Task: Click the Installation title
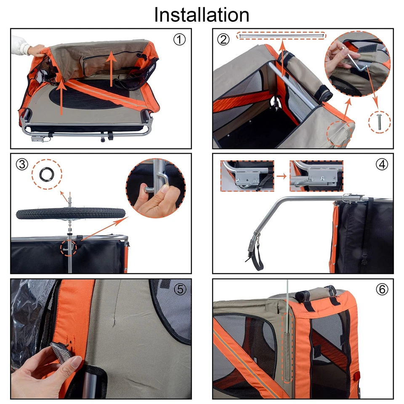click(202, 14)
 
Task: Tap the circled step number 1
click(179, 40)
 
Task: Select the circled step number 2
click(224, 40)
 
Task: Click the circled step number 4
click(382, 165)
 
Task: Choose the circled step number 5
click(180, 290)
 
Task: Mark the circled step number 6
click(382, 290)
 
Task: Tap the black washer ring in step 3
click(46, 173)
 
